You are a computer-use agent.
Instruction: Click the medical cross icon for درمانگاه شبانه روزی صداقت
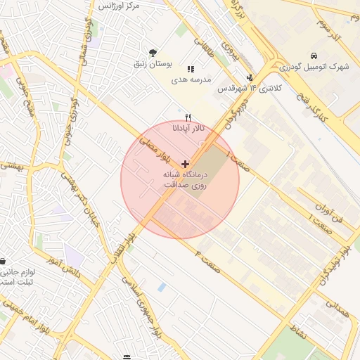click(185, 163)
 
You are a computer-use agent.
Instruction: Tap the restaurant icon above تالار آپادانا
click(187, 118)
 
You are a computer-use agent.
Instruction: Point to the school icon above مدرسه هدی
click(191, 69)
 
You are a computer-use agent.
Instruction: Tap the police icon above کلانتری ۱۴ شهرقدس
click(250, 77)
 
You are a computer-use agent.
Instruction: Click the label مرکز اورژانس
click(120, 6)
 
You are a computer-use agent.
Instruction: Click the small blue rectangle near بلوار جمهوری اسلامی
click(162, 288)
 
